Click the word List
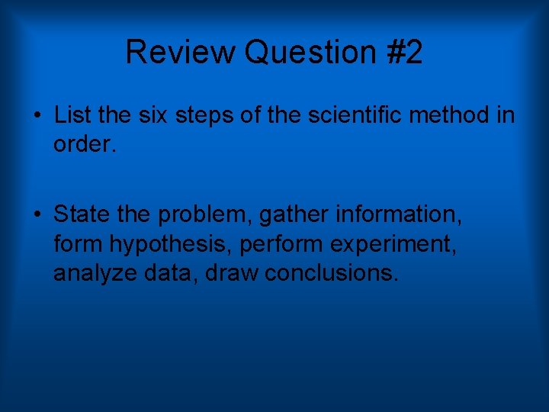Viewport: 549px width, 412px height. coord(72,115)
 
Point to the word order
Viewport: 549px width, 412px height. coord(84,144)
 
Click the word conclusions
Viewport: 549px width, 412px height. coord(331,272)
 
